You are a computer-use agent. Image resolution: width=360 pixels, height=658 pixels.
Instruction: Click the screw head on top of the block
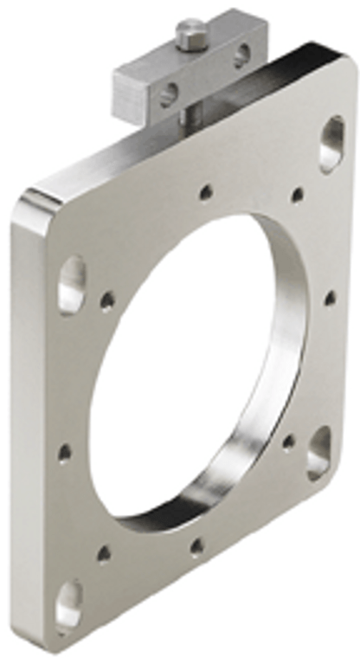point(190,34)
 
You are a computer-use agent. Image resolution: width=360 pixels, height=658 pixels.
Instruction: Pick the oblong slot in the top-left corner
point(71,283)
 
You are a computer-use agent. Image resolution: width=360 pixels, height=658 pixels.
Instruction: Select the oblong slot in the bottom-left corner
point(68,603)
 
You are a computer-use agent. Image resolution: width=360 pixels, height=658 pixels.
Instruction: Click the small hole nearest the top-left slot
point(107,301)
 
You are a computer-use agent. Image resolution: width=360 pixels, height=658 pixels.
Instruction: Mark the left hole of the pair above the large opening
point(206,192)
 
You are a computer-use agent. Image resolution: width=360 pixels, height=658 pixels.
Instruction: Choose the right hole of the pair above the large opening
point(297,195)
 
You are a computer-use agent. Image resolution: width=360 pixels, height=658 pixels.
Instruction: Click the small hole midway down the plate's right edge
point(330,299)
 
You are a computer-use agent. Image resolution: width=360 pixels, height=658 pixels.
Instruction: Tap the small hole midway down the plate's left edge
point(65,453)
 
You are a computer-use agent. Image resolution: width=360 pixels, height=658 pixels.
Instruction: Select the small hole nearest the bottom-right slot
point(288,442)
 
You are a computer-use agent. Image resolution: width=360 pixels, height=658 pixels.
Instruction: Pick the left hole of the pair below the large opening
point(105,553)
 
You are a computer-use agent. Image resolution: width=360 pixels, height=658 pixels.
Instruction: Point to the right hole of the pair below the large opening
point(197,546)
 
